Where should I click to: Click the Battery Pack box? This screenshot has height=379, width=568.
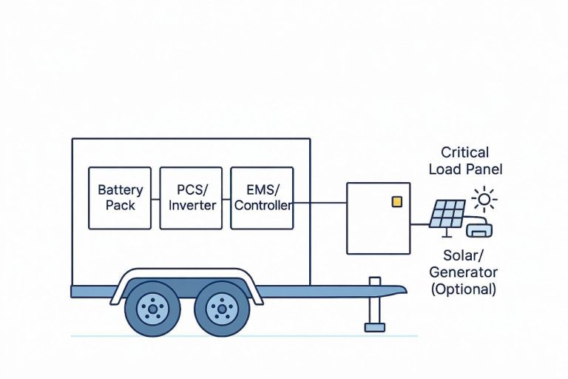pyautogui.click(x=120, y=198)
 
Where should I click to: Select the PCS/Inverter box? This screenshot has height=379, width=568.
pyautogui.click(x=191, y=198)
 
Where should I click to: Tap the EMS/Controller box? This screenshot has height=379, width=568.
pyautogui.click(x=262, y=198)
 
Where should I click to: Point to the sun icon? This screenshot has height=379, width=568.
pyautogui.click(x=484, y=198)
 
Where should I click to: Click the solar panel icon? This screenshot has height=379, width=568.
pyautogui.click(x=447, y=215)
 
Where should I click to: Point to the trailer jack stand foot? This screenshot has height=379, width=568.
pyautogui.click(x=375, y=326)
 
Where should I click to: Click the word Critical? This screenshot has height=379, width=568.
pyautogui.click(x=464, y=152)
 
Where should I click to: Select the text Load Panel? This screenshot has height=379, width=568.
pyautogui.click(x=464, y=170)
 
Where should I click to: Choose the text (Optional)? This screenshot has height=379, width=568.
pyautogui.click(x=463, y=289)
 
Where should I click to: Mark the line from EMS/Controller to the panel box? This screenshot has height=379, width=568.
pyautogui.click(x=319, y=203)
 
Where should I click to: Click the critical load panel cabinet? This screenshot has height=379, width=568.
pyautogui.click(x=378, y=218)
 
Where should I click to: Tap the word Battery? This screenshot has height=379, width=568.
pyautogui.click(x=120, y=190)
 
